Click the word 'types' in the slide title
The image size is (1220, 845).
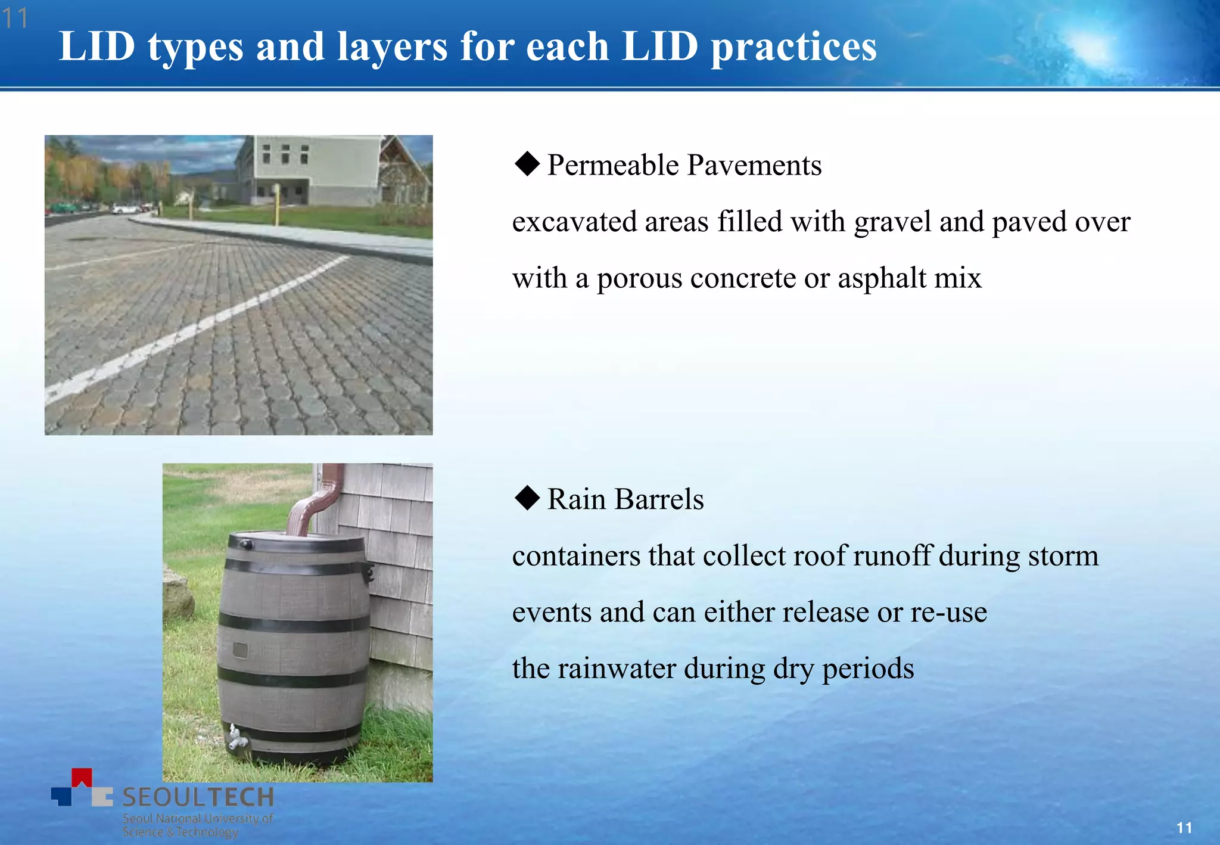(195, 48)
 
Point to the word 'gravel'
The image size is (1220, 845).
(892, 222)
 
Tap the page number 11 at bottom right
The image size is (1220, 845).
(1184, 828)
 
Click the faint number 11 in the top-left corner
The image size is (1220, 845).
(15, 18)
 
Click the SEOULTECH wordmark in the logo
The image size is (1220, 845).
(198, 797)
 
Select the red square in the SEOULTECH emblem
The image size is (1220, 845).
(82, 776)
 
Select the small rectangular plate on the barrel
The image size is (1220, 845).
(240, 650)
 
